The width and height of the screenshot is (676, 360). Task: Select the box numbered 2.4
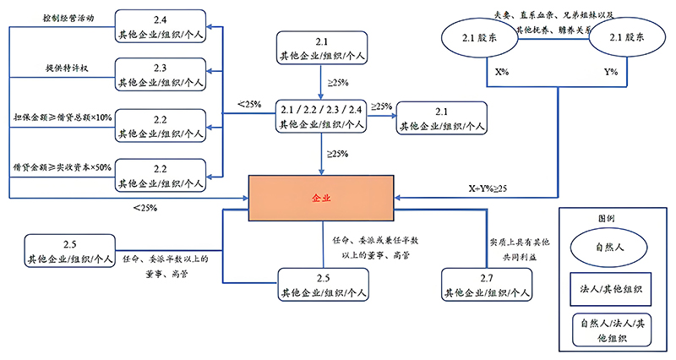point(161,27)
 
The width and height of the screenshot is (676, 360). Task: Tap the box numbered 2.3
point(161,74)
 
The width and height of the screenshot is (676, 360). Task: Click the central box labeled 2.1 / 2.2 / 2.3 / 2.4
point(322,116)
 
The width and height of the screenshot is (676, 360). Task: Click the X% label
point(502,72)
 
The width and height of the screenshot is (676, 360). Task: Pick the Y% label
point(610,72)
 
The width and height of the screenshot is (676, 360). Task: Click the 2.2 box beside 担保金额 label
point(161,124)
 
